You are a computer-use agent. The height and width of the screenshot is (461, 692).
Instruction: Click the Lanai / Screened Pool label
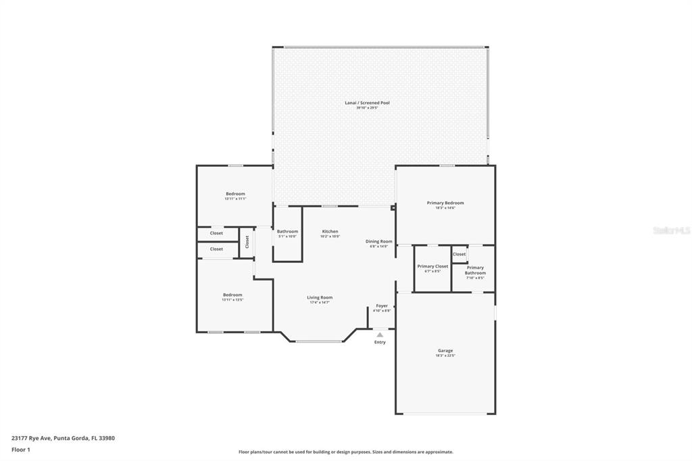coord(367,103)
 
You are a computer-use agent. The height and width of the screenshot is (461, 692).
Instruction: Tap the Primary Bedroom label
coord(445,203)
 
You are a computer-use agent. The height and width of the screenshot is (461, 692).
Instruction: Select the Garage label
coord(445,351)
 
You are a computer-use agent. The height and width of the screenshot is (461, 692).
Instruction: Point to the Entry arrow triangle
coord(380,335)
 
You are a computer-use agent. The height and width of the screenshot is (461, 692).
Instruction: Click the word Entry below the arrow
coord(380,342)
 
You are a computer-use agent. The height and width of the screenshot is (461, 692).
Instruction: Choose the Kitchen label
coord(330,231)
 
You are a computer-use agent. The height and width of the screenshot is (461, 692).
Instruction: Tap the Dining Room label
coord(378,241)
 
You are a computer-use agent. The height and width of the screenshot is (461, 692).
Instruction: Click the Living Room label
coord(320,297)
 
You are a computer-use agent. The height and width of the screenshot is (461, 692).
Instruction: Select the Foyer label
coord(382,306)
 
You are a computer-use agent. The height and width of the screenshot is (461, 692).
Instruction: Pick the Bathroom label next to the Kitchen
coord(287,231)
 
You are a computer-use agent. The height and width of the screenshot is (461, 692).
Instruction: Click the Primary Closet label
coord(432,266)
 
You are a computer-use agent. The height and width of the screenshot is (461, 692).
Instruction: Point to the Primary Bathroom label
coord(475,270)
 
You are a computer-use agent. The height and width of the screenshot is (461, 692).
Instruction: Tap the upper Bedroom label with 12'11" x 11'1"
coord(235,194)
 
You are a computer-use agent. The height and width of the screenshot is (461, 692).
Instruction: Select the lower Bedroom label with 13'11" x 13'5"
coord(232,295)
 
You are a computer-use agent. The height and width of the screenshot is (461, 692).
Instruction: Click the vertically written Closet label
coord(247,242)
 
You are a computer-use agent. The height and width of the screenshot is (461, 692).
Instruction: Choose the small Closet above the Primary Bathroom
coord(460,254)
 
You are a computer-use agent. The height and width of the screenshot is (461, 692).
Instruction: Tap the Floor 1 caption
coord(21,449)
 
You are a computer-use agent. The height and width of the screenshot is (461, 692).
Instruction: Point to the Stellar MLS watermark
coord(671,230)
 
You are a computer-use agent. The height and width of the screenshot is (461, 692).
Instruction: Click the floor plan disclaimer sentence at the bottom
coord(345,452)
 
